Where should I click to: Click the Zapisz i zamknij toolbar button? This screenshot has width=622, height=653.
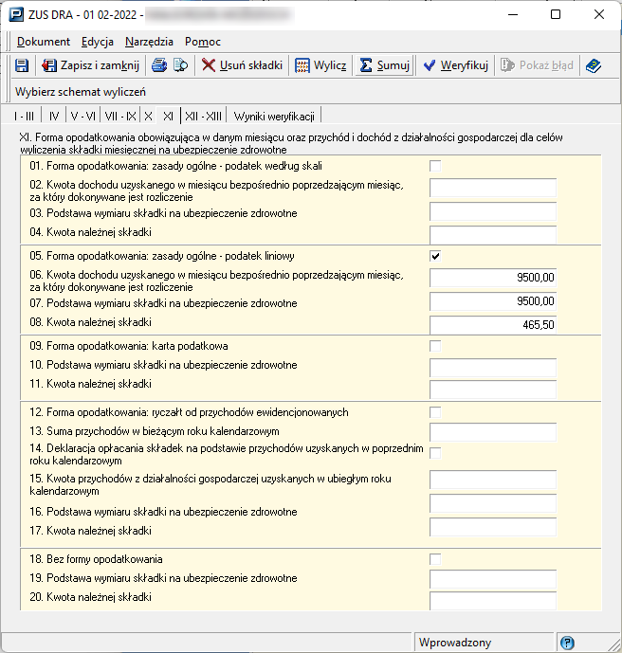tap(90, 65)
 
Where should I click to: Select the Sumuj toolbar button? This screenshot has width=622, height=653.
tap(384, 65)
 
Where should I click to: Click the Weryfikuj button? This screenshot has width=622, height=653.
tap(455, 65)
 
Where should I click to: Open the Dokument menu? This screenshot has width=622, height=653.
tap(44, 42)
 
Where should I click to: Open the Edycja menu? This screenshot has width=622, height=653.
tap(98, 42)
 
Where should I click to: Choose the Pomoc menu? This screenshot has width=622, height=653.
tap(203, 42)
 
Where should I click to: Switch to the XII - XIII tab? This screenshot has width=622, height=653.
tap(204, 116)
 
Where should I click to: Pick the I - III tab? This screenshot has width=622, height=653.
tap(24, 116)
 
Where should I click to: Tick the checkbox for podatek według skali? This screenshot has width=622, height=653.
tap(435, 166)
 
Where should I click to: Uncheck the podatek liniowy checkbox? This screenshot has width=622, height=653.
tap(435, 256)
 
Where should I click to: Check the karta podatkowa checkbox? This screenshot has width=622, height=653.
tap(435, 346)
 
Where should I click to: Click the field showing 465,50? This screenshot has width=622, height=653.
tap(492, 324)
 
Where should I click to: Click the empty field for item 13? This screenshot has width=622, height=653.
tap(492, 432)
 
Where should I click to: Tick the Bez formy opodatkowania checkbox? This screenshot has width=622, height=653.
tap(435, 559)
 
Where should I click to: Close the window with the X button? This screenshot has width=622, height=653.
tap(599, 14)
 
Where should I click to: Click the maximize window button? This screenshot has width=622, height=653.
tap(556, 14)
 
